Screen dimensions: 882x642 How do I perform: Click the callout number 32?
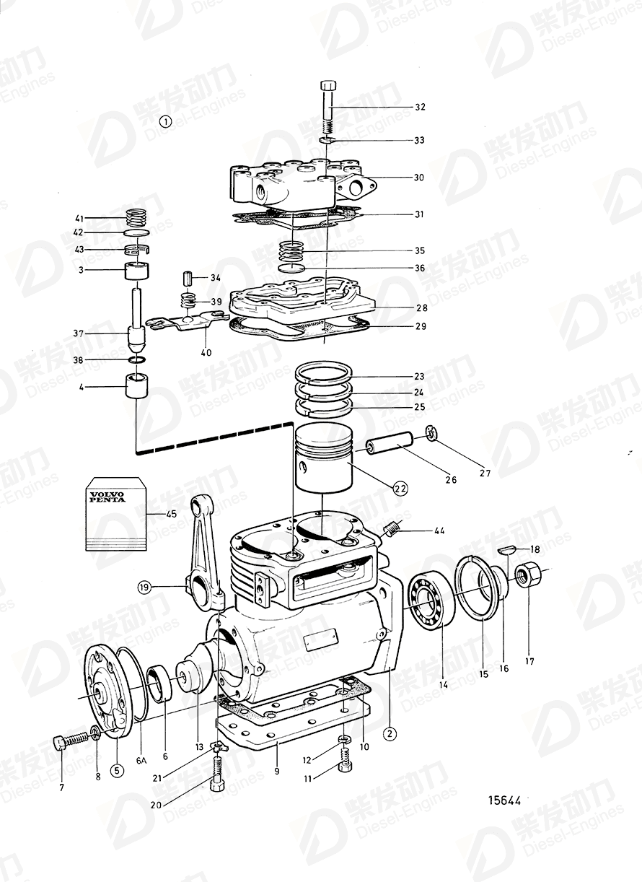(419, 107)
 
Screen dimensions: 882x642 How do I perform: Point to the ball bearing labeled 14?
(430, 598)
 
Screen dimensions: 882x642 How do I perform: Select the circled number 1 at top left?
(166, 121)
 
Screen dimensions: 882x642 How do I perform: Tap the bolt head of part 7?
(61, 742)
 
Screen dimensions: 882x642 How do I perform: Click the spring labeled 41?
(136, 217)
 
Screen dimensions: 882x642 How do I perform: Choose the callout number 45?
(171, 514)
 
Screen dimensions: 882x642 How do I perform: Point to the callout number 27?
(485, 473)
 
